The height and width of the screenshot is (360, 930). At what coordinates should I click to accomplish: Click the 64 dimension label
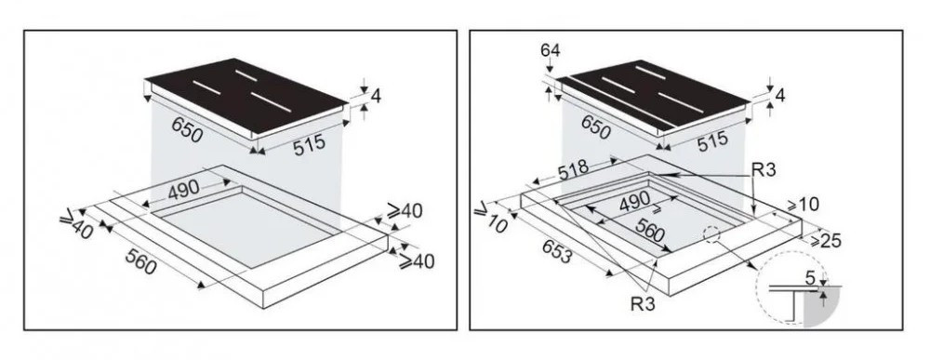pos(550,50)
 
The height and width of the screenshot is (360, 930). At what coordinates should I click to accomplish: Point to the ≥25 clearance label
pos(824,240)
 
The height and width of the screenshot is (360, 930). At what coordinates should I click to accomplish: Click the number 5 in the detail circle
pos(811,276)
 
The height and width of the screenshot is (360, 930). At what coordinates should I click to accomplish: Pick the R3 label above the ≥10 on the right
pos(764,169)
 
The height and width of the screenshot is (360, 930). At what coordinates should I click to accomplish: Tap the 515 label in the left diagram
pos(309,144)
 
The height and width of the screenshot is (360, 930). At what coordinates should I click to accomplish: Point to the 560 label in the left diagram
pos(141,261)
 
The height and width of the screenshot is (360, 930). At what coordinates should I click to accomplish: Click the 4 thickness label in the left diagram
pos(376,96)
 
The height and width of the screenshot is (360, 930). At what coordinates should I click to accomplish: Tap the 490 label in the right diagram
pos(634,203)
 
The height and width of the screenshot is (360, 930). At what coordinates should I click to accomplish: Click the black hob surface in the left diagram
pos(246,94)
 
